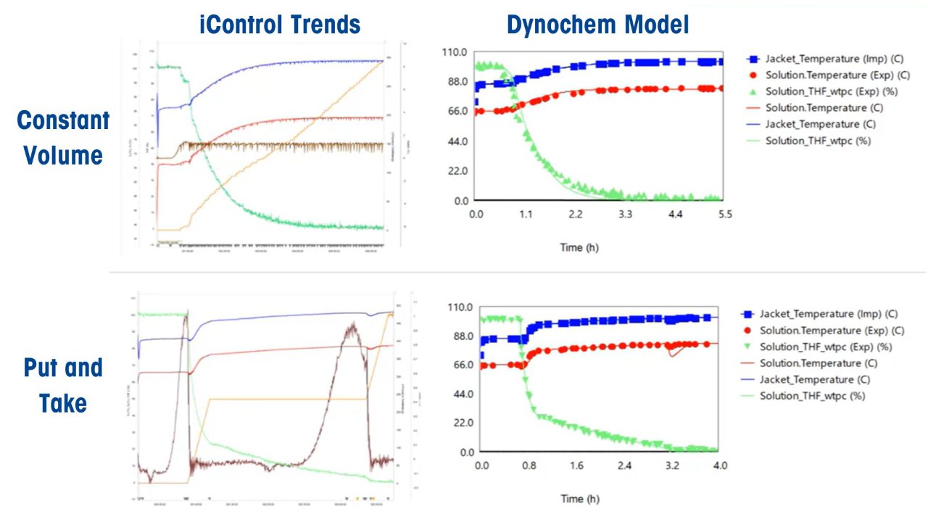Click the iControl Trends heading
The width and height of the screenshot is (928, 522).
click(280, 25)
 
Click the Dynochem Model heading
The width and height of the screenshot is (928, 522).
click(597, 25)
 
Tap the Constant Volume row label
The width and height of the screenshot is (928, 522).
click(63, 138)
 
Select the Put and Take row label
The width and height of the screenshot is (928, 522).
click(63, 385)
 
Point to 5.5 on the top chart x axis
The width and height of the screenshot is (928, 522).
click(724, 215)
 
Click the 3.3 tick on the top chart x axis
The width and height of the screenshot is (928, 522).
click(625, 215)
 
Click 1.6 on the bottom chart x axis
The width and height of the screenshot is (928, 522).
click(577, 465)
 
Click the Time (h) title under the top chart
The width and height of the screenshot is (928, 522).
click(580, 248)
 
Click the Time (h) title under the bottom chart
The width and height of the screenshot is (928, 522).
click(580, 499)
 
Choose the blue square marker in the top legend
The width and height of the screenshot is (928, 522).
click(753, 59)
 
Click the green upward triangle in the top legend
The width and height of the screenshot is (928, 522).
click(753, 91)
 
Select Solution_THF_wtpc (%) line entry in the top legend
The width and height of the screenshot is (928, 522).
click(818, 141)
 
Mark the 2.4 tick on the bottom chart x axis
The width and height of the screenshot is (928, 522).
click(625, 465)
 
